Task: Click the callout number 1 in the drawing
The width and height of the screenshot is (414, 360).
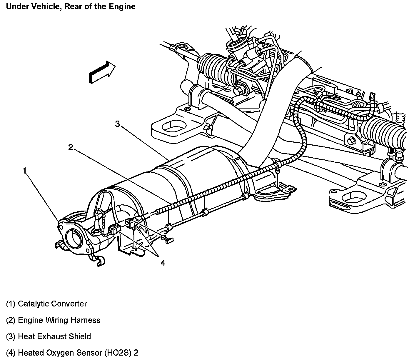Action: (25, 171)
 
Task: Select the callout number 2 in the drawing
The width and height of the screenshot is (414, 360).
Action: (71, 147)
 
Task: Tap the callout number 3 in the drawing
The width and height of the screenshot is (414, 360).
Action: (117, 124)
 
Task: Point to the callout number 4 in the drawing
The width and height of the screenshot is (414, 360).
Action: (163, 263)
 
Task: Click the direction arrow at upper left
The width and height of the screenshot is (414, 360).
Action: (102, 72)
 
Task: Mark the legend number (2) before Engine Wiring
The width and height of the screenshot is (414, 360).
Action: (11, 320)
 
